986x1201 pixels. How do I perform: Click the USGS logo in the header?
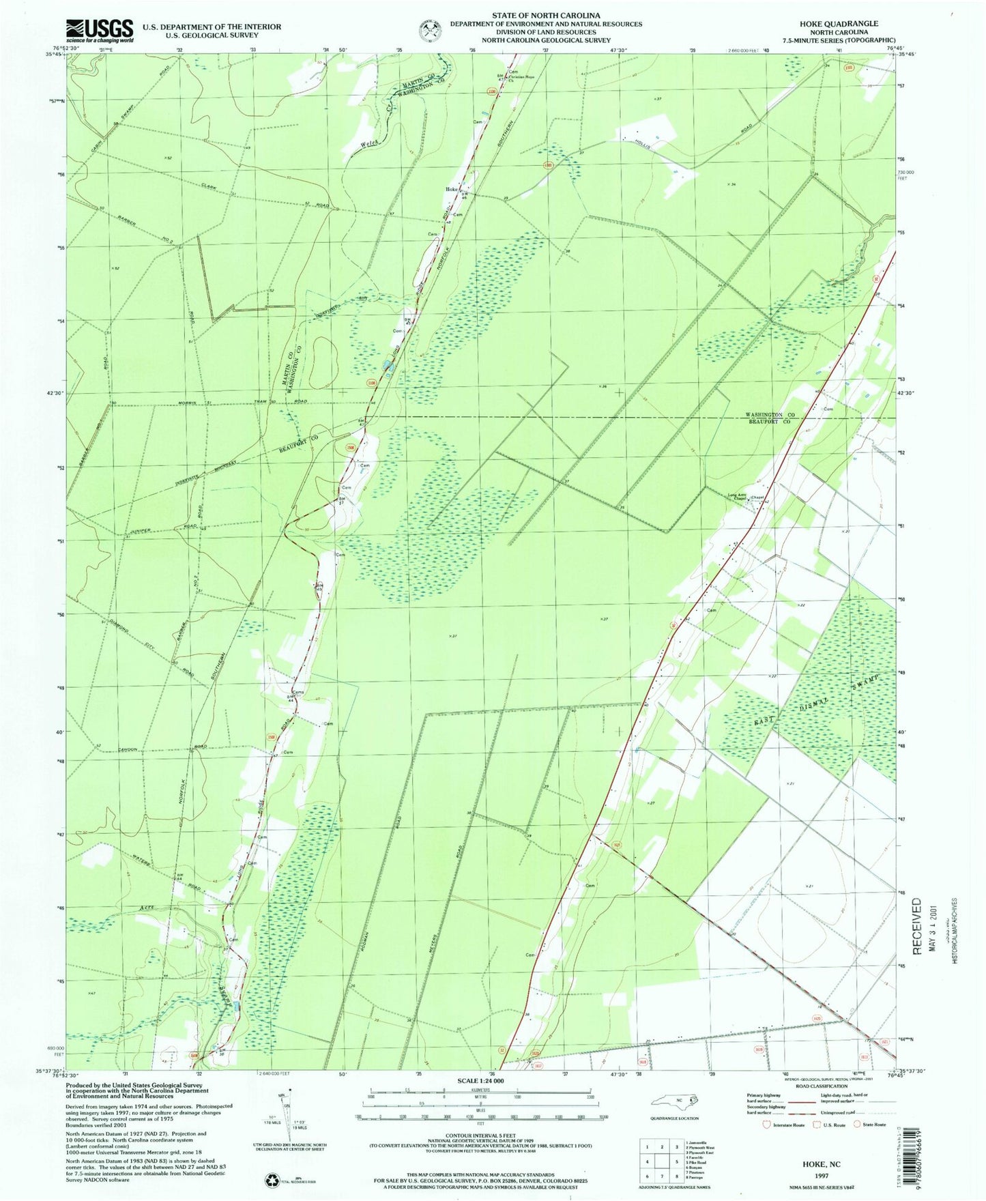click(100, 30)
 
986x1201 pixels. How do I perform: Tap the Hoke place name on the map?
click(451, 190)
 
